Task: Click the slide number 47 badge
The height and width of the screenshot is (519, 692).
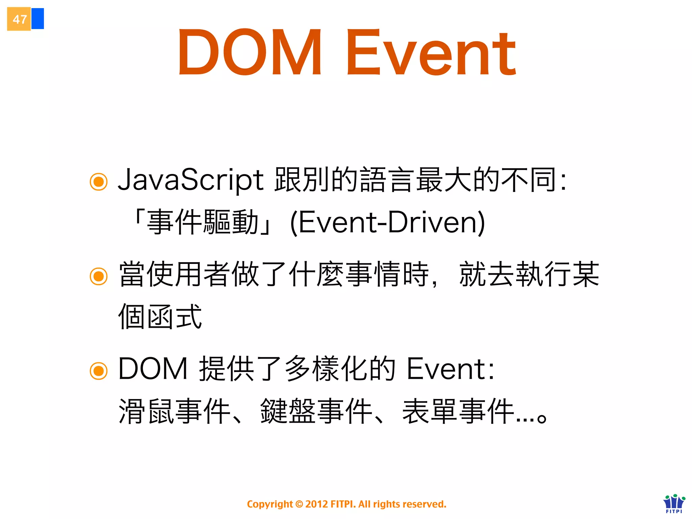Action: tap(19, 19)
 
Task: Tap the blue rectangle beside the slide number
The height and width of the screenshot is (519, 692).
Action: tap(38, 19)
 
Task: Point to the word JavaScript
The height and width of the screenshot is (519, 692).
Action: tap(190, 180)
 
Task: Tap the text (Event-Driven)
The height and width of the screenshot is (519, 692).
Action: tap(388, 222)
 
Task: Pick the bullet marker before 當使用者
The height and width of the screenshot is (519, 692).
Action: tap(99, 276)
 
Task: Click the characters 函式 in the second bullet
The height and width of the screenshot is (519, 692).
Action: tap(174, 317)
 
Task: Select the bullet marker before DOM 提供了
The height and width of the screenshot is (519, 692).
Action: tap(99, 371)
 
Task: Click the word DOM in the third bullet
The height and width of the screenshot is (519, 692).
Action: tap(153, 369)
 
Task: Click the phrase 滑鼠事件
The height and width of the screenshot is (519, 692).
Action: tap(174, 411)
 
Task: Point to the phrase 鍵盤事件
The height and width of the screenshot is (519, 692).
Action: tap(316, 411)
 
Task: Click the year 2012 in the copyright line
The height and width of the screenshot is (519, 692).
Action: tap(317, 504)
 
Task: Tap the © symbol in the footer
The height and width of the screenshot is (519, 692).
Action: tap(299, 504)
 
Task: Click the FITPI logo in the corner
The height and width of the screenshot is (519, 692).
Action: tap(674, 503)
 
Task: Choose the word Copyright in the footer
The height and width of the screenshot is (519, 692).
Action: tap(270, 504)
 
